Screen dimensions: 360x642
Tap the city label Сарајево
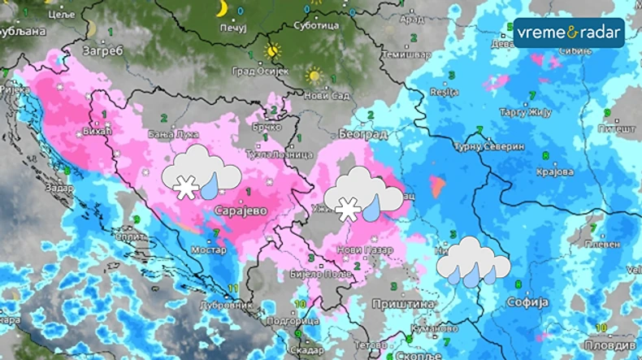point(241,210)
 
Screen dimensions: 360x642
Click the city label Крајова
point(557,172)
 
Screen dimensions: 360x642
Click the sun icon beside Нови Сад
point(314,76)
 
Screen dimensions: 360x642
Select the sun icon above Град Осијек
point(272,50)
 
